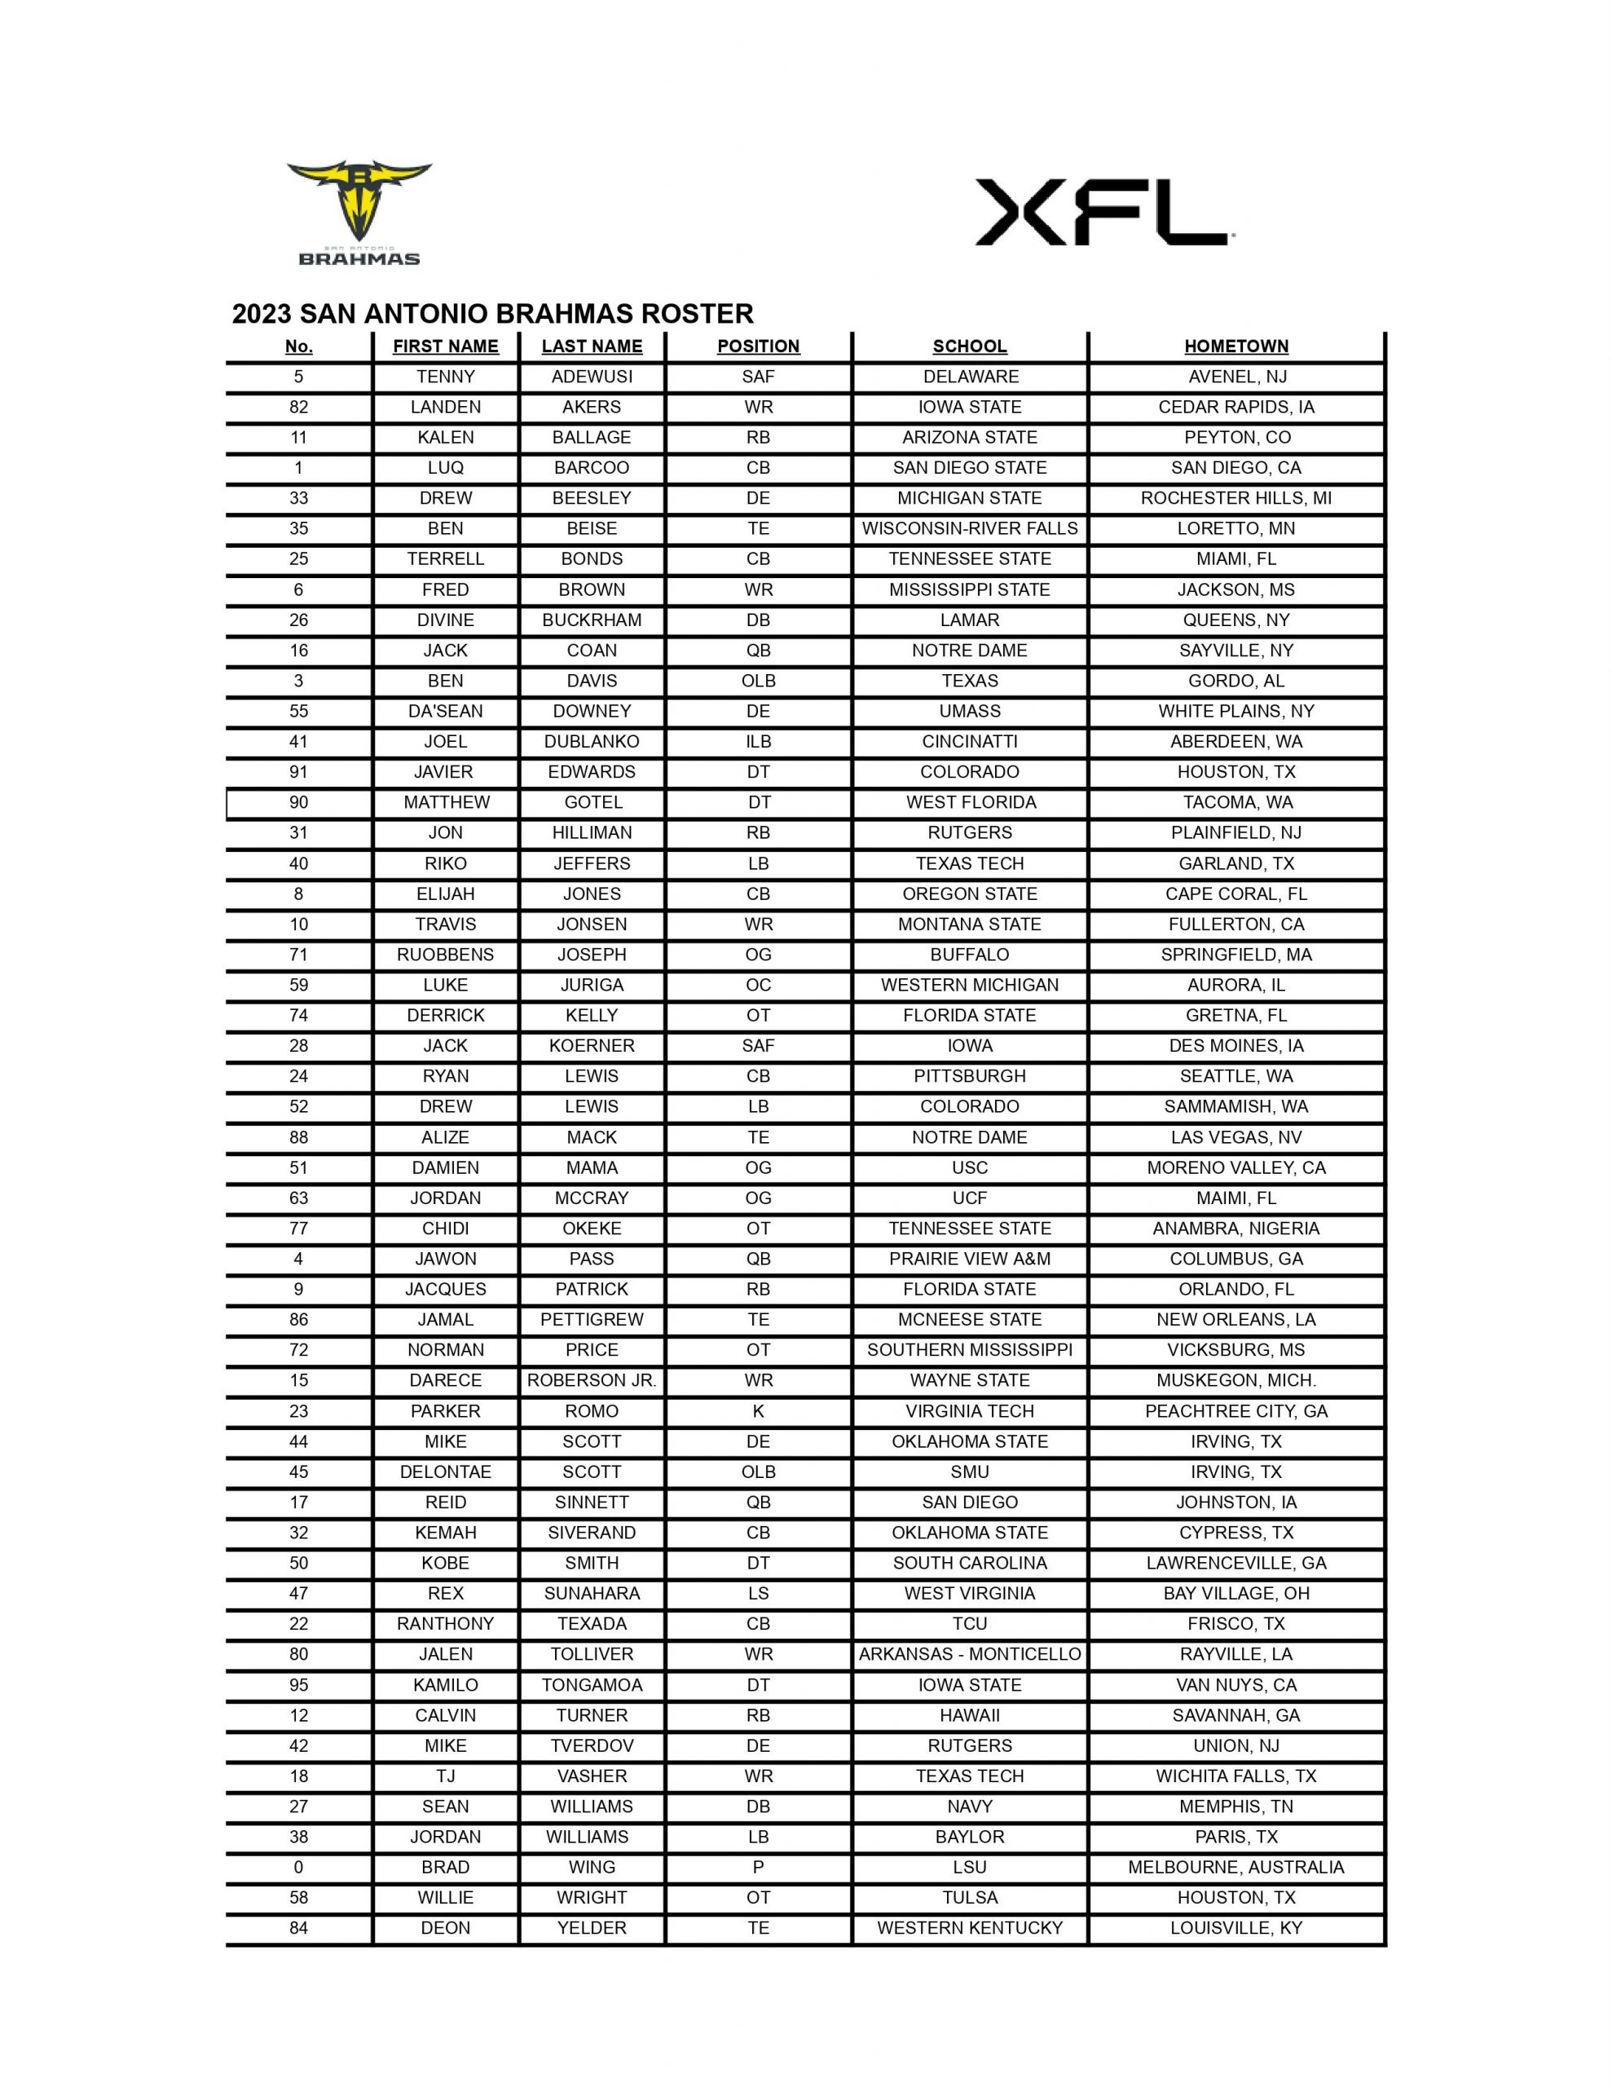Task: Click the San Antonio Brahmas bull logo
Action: click(359, 212)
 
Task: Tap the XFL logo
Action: click(1103, 212)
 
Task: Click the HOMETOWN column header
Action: click(1235, 346)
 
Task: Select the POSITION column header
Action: click(758, 346)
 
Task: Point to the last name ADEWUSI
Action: click(592, 377)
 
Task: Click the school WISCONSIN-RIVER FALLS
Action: click(969, 528)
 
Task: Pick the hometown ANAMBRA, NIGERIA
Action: click(1235, 1228)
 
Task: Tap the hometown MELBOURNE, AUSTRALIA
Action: click(1235, 1866)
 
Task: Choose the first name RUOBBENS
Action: click(445, 955)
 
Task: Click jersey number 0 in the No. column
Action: click(298, 1866)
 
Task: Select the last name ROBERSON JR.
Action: click(592, 1380)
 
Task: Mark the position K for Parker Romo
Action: click(758, 1410)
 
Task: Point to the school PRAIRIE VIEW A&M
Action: click(969, 1259)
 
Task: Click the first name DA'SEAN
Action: click(445, 711)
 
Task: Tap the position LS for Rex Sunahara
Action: click(758, 1593)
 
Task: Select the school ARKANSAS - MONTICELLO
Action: click(969, 1653)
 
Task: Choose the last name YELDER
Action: click(592, 1927)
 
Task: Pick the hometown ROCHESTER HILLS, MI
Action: click(1235, 498)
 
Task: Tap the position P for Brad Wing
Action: click(758, 1866)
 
